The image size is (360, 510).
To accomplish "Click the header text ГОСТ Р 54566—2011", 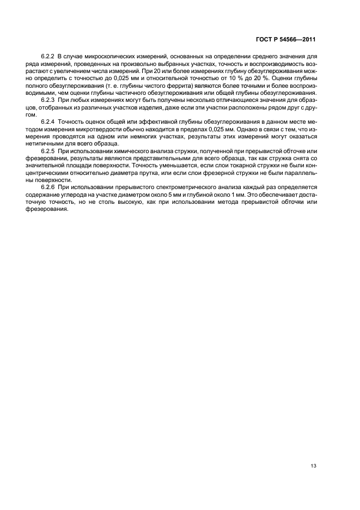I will [x=285, y=40].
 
